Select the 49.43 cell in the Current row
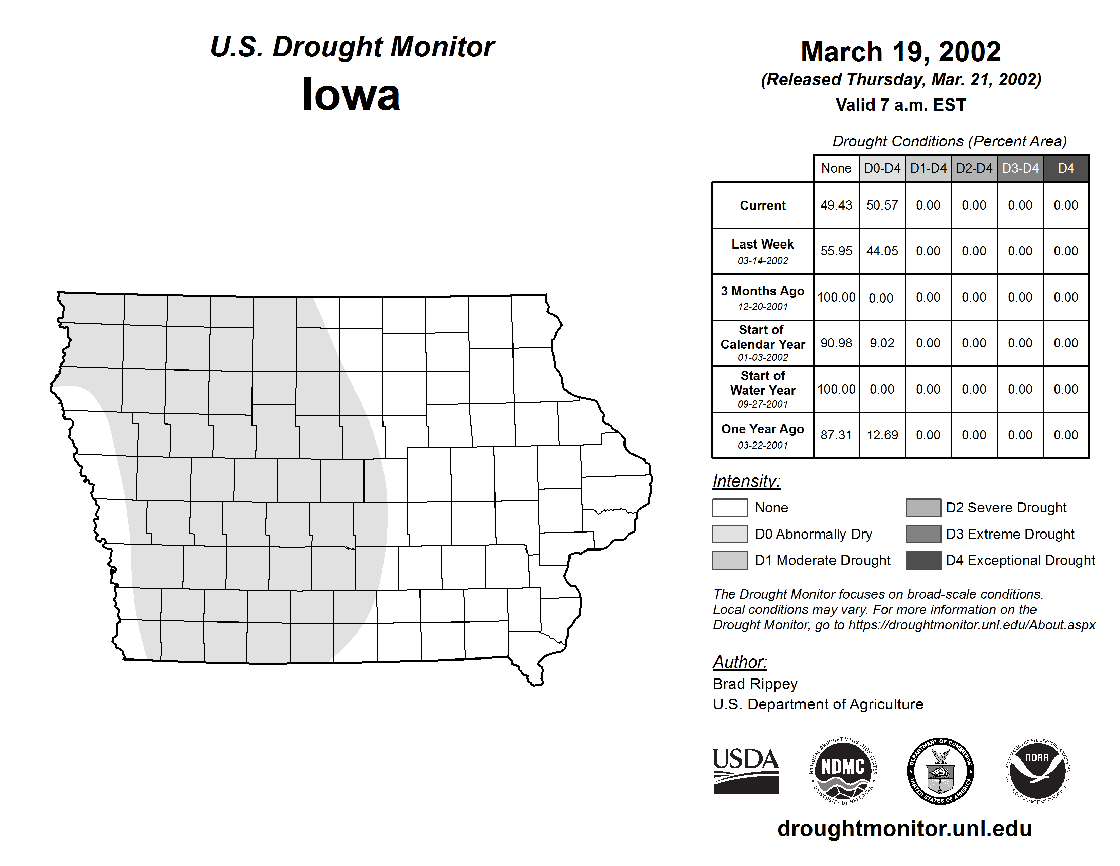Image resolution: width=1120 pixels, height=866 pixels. (836, 205)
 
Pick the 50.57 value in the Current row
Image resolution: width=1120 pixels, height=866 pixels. (882, 205)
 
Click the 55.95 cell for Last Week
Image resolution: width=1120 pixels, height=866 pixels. (836, 251)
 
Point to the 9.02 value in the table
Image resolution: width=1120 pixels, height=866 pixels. (882, 343)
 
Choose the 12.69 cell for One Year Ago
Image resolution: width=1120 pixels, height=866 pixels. (882, 435)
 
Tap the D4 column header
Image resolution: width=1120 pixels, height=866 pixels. (1066, 168)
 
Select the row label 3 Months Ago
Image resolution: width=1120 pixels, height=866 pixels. (763, 291)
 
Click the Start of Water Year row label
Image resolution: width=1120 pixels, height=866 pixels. (763, 383)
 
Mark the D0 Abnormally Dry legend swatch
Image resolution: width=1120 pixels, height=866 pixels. (730, 534)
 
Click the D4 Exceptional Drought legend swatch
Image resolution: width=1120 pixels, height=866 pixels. (923, 560)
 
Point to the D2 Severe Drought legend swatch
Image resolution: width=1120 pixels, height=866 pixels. (923, 507)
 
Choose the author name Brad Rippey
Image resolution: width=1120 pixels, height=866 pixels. (755, 684)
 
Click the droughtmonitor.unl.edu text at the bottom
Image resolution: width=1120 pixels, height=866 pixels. (904, 829)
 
